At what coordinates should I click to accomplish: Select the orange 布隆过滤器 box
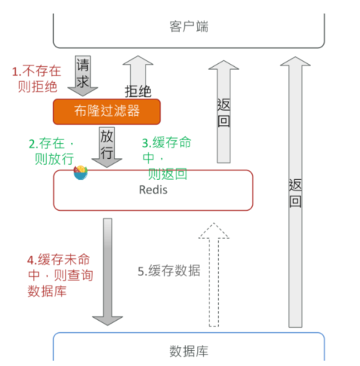point(106,111)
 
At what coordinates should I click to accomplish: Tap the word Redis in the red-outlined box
point(153,190)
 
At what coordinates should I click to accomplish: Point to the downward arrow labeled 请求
point(82,76)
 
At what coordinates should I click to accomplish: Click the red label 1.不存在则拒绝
point(36,79)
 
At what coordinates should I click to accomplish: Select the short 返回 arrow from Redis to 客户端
point(223,111)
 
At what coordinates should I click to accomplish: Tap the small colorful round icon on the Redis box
point(81,173)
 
